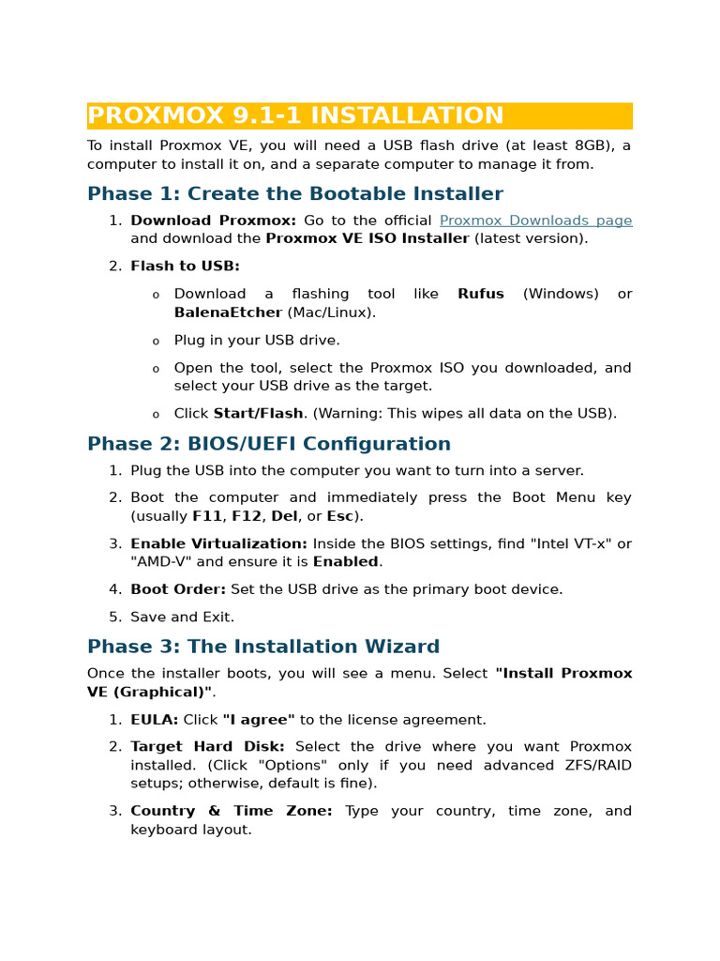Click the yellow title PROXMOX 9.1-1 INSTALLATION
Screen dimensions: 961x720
click(x=295, y=116)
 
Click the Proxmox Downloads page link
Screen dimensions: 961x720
click(x=535, y=221)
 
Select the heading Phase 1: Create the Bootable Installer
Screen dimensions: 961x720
click(x=294, y=194)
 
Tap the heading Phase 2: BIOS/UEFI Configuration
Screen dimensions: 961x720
click(x=268, y=444)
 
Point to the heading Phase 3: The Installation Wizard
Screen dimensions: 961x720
click(x=262, y=647)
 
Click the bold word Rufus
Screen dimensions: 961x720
click(x=480, y=294)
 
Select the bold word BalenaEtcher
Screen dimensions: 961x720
click(x=228, y=313)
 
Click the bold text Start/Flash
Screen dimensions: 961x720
click(x=258, y=414)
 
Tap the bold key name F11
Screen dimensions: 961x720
click(x=207, y=516)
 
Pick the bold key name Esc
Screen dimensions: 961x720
click(x=339, y=516)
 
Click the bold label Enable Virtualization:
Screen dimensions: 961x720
click(x=218, y=544)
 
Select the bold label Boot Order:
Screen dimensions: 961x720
click(x=178, y=589)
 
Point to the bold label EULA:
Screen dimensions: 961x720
click(x=154, y=720)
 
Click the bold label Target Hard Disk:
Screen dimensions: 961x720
click(x=207, y=747)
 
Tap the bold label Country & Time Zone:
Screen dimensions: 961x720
click(x=231, y=811)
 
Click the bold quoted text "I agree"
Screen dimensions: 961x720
click(x=258, y=720)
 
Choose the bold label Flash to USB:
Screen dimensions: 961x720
click(x=185, y=267)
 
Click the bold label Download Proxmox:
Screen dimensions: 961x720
click(x=213, y=221)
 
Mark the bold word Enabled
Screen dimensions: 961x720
click(x=345, y=562)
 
